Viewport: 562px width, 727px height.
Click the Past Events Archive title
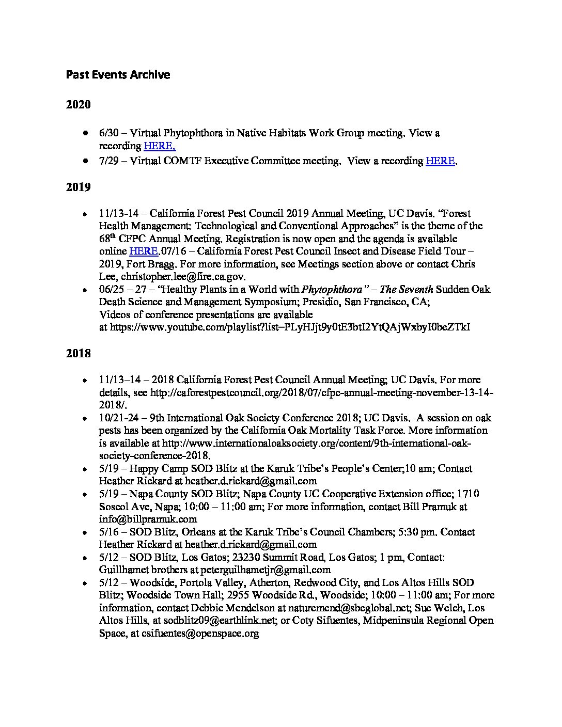(118, 75)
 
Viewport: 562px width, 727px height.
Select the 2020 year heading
(78, 105)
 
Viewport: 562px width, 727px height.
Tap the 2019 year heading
(78, 187)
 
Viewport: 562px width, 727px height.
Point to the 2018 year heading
(78, 354)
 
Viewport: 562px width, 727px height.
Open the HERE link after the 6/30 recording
(160, 146)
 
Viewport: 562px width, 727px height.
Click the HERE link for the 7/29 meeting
(440, 161)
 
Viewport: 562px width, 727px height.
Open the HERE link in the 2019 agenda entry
(143, 251)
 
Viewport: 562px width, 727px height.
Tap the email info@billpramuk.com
(148, 519)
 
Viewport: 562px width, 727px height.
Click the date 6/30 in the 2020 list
(108, 133)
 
